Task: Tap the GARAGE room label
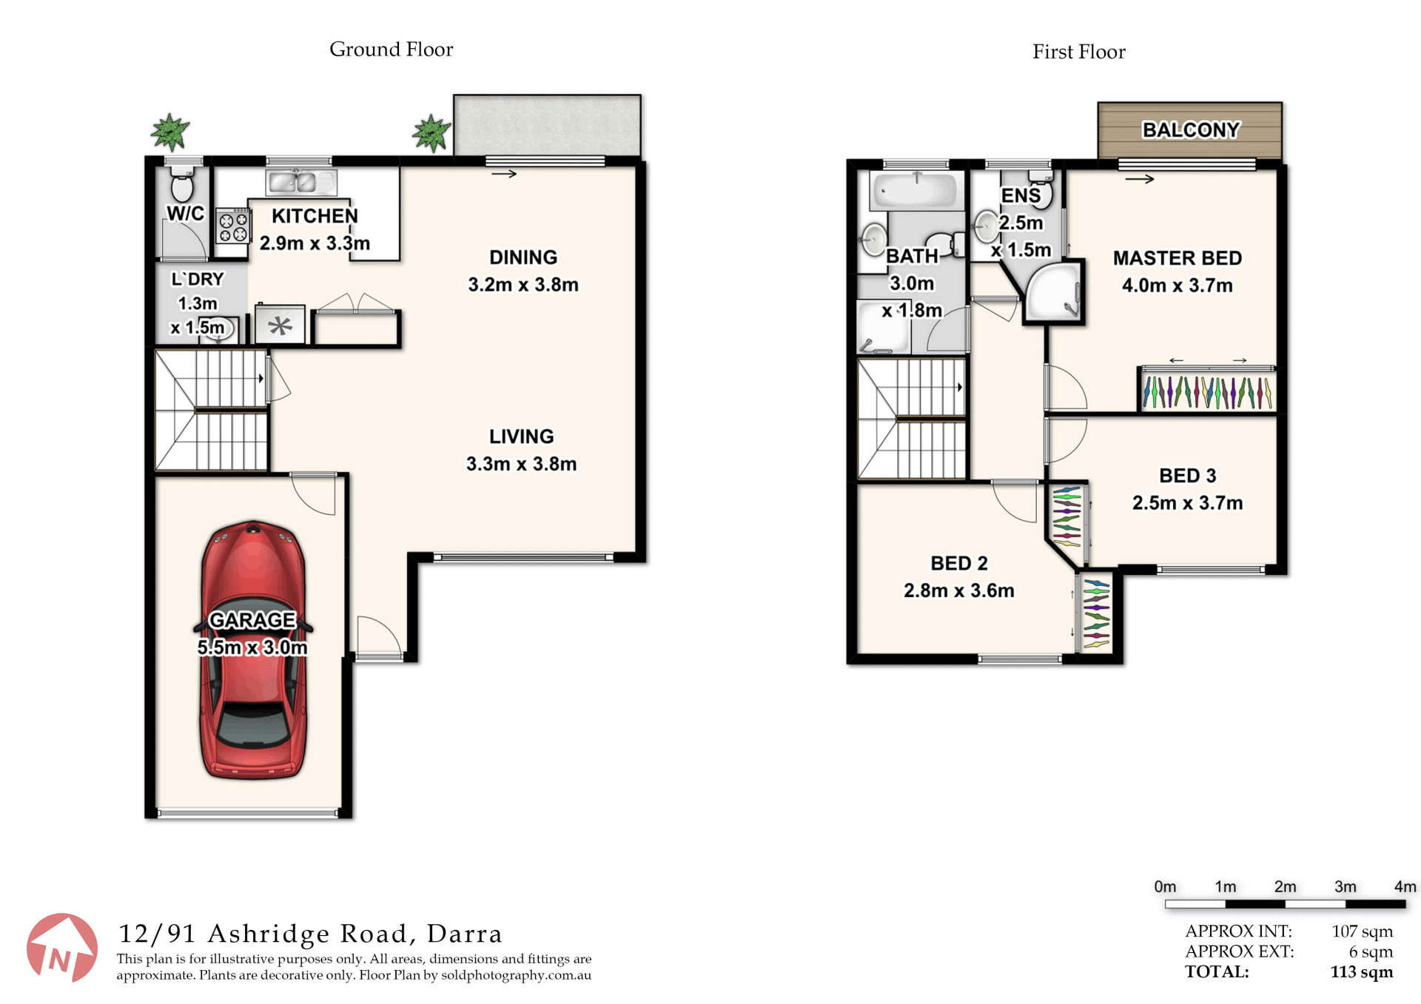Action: pos(252,620)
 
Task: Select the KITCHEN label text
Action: pos(315,216)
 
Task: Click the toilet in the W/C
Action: pos(182,184)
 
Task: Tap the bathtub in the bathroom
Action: pos(916,190)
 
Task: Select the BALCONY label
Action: pos(1190,130)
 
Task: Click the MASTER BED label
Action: pos(1178,258)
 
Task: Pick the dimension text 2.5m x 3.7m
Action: pos(1187,503)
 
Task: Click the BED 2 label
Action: pos(959,564)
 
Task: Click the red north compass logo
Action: pos(62,949)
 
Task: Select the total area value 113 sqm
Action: pos(1362,972)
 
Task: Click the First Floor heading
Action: pos(1079,52)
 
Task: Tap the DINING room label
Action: pos(523,257)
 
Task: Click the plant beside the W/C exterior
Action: pos(170,132)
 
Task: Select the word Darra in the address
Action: pos(465,934)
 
